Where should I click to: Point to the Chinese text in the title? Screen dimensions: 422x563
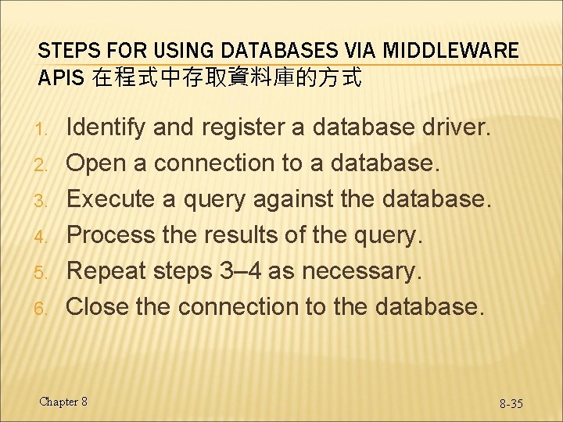click(x=227, y=78)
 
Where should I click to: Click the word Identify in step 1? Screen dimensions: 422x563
click(x=106, y=127)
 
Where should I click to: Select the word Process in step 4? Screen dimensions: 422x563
click(x=110, y=235)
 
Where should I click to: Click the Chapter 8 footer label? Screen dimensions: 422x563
click(x=63, y=402)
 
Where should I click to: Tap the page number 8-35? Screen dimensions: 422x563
click(x=511, y=403)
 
